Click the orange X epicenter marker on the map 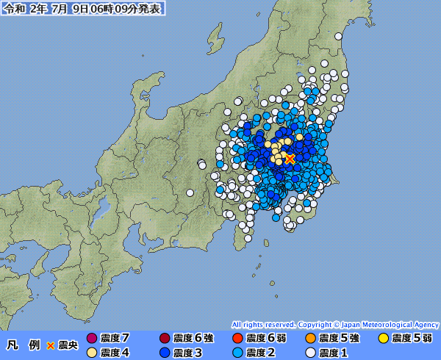tap(290, 159)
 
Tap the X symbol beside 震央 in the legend tap(51, 345)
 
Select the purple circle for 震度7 tap(92, 339)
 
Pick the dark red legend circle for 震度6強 tap(165, 339)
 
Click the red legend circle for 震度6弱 tap(237, 339)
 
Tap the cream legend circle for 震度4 tap(92, 353)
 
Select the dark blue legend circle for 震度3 tap(165, 353)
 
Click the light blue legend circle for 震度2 tap(237, 353)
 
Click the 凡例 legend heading tap(24, 345)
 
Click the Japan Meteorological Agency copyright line tap(335, 324)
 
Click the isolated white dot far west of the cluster tap(190, 192)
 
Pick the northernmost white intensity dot tap(337, 35)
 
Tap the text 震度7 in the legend tap(115, 339)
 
